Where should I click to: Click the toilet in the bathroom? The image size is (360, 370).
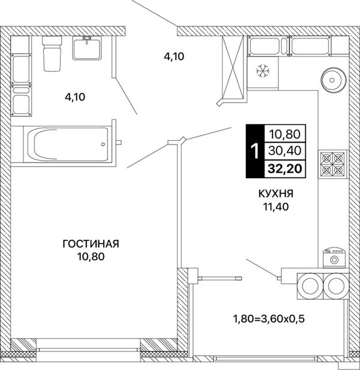pyautogui.click(x=52, y=53)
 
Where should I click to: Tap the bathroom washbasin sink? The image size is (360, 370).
pyautogui.click(x=87, y=48)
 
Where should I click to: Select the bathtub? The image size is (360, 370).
pyautogui.click(x=68, y=144)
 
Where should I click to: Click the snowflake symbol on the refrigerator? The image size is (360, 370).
pyautogui.click(x=263, y=71)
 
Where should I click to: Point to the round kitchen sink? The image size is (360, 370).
pyautogui.click(x=334, y=80)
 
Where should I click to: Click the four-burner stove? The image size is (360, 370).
pyautogui.click(x=332, y=164)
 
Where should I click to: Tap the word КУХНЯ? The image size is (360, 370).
pyautogui.click(x=276, y=194)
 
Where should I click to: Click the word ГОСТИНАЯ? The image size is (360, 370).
pyautogui.click(x=91, y=243)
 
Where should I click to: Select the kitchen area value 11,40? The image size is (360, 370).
pyautogui.click(x=276, y=207)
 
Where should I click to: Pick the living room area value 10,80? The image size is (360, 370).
pyautogui.click(x=91, y=257)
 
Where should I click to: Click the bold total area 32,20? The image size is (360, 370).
pyautogui.click(x=285, y=169)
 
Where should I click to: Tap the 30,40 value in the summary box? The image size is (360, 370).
pyautogui.click(x=285, y=151)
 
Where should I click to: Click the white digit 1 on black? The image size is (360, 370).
pyautogui.click(x=255, y=151)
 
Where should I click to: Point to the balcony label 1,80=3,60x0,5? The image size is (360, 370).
pyautogui.click(x=269, y=319)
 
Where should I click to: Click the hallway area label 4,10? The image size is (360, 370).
pyautogui.click(x=174, y=56)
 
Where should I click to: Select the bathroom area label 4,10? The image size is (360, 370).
pyautogui.click(x=75, y=97)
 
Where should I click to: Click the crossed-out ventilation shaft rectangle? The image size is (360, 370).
pyautogui.click(x=233, y=67)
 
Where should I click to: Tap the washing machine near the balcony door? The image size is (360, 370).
pyautogui.click(x=334, y=258)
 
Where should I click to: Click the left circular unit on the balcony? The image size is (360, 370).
pyautogui.click(x=310, y=286)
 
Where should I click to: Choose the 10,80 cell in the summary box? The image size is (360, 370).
pyautogui.click(x=285, y=134)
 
